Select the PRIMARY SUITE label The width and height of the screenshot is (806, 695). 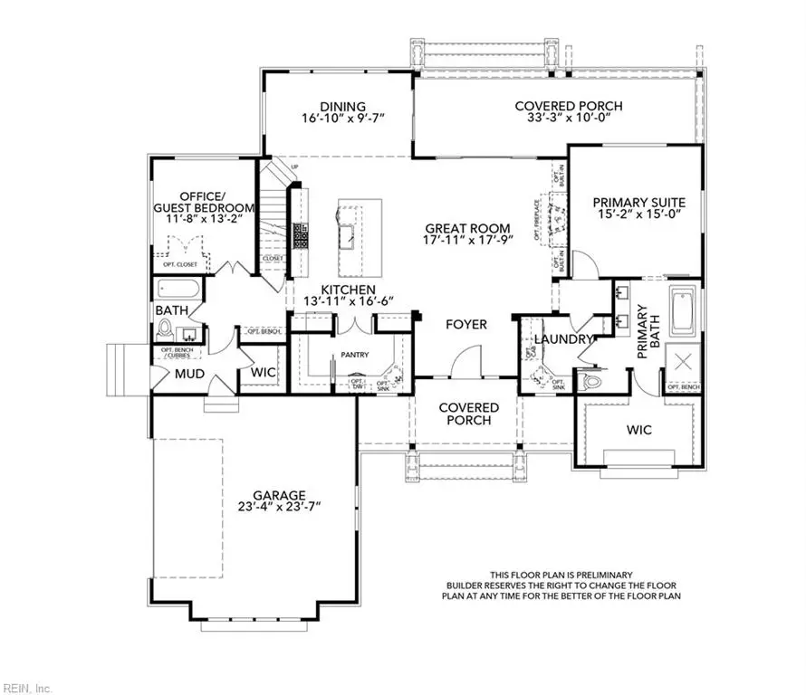[638, 203]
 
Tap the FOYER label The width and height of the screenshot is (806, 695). [466, 324]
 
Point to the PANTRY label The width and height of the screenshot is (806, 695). [354, 356]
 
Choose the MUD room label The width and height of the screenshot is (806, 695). [189, 374]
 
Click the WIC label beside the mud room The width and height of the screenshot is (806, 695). [264, 372]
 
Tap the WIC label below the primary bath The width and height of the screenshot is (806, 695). [638, 429]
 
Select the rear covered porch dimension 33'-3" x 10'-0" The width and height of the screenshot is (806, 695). [569, 119]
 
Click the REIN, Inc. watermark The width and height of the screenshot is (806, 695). [25, 686]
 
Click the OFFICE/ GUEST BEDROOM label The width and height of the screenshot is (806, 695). [206, 202]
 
